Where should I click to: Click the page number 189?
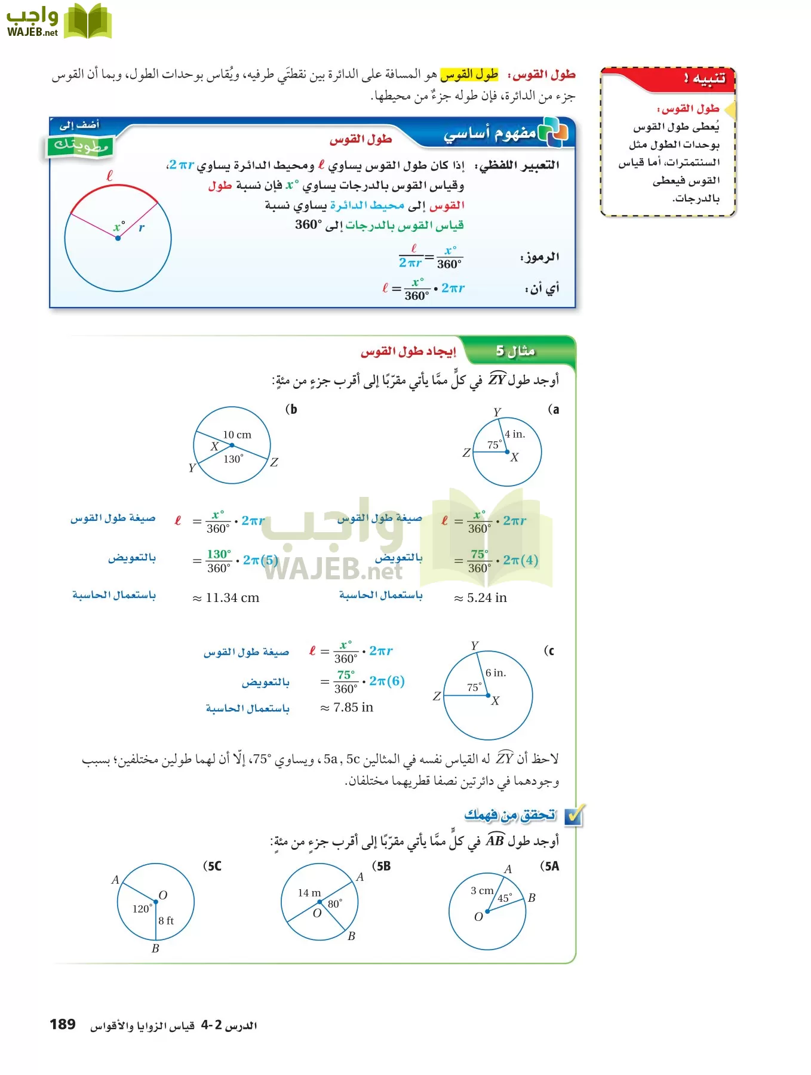63,1024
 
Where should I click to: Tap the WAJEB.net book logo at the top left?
59,22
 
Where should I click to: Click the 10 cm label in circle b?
237,435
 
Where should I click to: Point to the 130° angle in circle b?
233,459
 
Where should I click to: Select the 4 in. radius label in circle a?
515,434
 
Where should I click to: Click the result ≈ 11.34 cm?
226,598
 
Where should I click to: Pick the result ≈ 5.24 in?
481,598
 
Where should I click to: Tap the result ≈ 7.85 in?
347,708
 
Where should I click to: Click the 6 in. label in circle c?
496,673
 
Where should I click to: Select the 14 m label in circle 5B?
309,893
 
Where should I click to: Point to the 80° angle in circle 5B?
334,904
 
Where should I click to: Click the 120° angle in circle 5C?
142,909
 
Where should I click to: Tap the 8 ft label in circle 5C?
166,921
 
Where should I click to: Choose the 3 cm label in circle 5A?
482,890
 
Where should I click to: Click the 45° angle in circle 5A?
505,898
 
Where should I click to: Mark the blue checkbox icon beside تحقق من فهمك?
574,815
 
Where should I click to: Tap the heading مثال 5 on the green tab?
515,351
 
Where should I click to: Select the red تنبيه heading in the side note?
705,78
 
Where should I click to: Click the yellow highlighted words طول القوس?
469,75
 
